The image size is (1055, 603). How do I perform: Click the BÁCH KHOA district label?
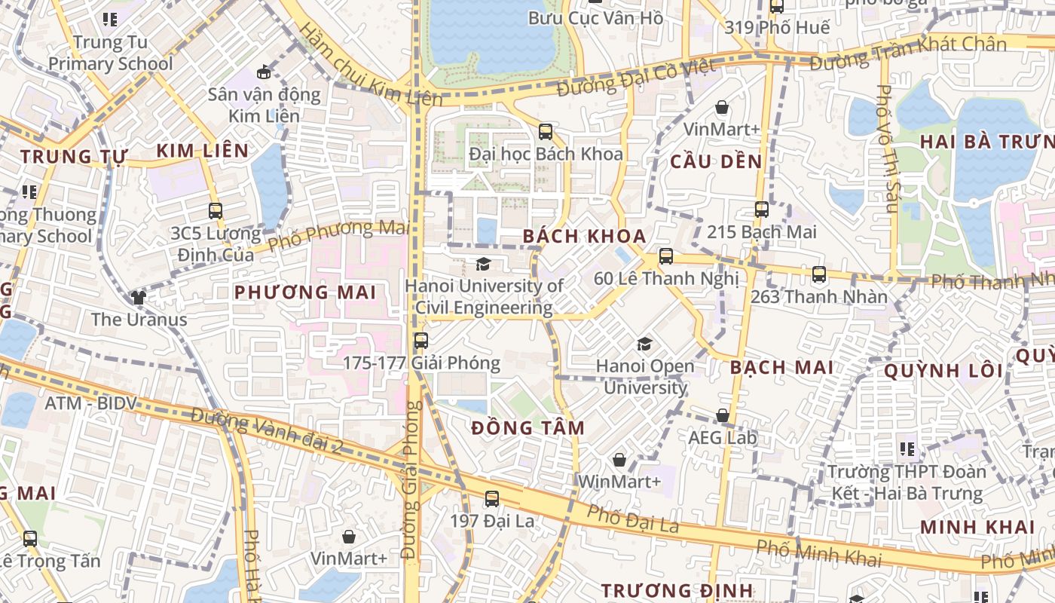coord(584,236)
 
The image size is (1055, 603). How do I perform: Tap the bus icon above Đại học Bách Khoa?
coord(546,132)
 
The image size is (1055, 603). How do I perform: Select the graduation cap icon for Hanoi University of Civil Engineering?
coord(483,264)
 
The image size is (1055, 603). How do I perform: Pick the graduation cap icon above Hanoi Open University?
coord(644,344)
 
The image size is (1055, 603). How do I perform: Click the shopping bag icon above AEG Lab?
coord(722,415)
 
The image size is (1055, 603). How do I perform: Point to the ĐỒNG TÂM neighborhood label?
coord(527,428)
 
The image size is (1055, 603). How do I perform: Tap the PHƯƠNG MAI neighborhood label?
coord(304,292)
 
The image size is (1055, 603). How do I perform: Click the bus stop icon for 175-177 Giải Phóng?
coord(420,341)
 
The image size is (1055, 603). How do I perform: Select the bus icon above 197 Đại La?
coord(491,498)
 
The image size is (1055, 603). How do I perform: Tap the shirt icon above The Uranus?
coord(139,297)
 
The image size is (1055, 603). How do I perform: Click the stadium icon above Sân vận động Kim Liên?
coord(263,72)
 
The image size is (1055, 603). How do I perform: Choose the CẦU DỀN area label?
coord(716,161)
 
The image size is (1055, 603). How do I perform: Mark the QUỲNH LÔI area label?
coord(943,371)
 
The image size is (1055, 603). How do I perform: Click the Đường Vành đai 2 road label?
coord(267,430)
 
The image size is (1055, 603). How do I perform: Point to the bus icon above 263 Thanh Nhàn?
coord(819,274)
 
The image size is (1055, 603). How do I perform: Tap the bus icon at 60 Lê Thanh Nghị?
coord(666,256)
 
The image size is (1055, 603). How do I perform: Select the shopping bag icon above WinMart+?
coord(619,460)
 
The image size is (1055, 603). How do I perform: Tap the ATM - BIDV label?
coord(90,403)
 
